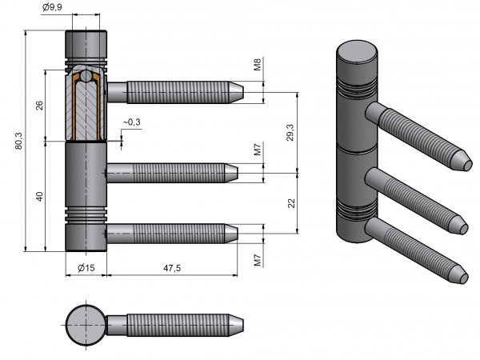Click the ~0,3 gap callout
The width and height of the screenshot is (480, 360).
[x=131, y=122]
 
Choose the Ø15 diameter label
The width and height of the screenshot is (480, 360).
[x=86, y=267]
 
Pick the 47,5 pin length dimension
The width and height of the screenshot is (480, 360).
[x=172, y=267]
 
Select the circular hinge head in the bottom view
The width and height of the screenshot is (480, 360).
[x=84, y=325]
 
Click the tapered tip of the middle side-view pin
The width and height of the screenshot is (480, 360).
[x=234, y=171]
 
